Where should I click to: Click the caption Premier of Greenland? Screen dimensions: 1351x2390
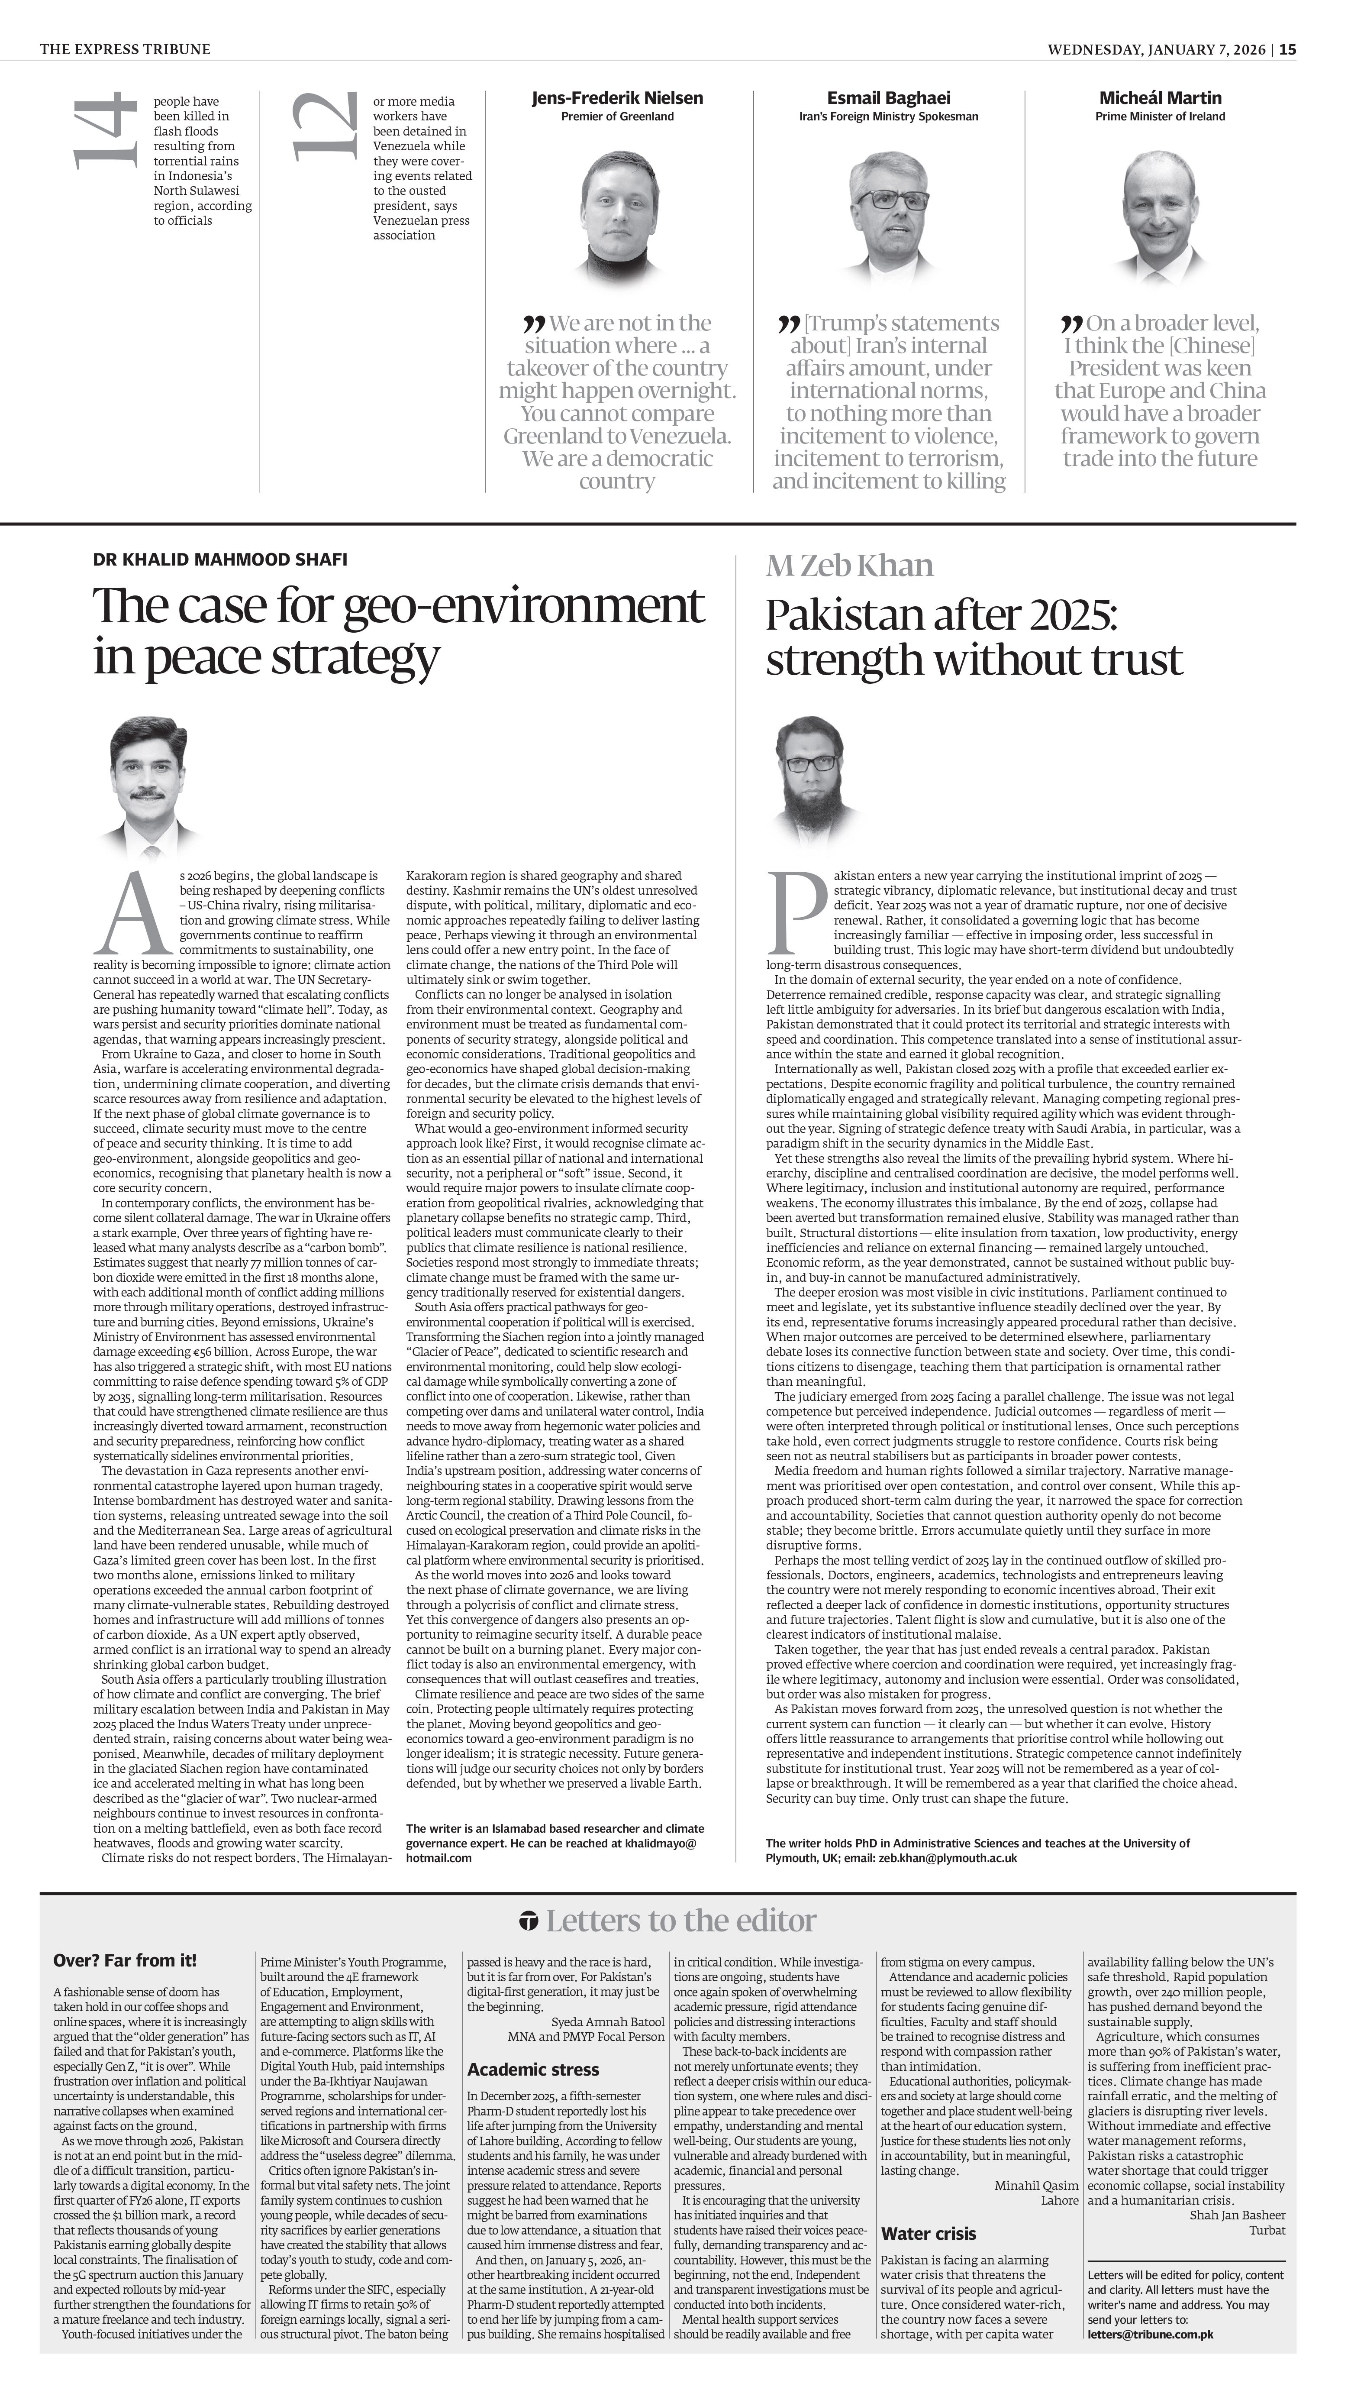tap(617, 117)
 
